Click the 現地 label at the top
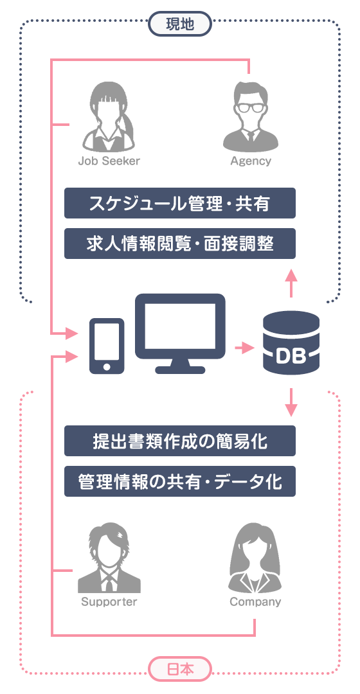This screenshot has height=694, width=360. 180,24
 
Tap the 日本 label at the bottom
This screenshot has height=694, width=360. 180,669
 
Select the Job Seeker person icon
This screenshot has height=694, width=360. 109,116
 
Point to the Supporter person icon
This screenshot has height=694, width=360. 109,558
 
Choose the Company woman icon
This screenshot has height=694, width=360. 255,558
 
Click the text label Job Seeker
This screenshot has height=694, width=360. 109,161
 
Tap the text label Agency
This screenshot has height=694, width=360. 251,161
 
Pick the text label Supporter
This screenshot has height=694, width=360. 109,602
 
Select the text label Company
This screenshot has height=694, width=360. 255,602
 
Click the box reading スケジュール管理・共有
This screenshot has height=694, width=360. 180,203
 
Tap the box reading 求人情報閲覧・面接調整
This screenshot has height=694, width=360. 180,244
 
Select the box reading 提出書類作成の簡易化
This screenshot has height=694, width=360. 180,441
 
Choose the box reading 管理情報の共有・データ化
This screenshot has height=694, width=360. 180,481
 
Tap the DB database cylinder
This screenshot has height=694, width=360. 291,343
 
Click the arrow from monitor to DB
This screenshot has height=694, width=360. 244,348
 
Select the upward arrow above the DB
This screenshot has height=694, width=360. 291,283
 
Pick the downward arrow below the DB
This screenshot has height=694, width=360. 291,402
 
